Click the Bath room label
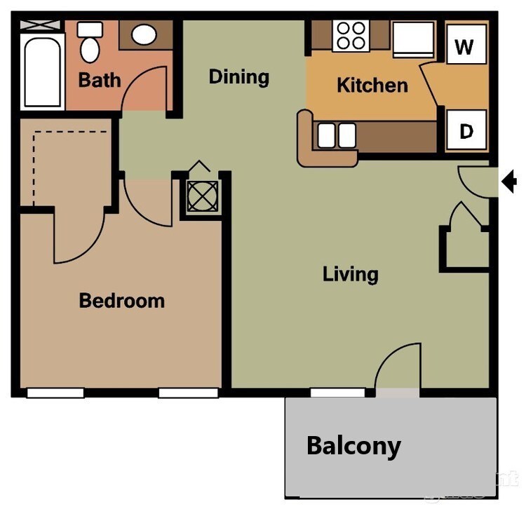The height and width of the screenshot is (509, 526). click(99, 79)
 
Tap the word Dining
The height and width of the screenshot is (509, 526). click(238, 76)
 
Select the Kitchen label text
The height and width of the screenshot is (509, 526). click(372, 86)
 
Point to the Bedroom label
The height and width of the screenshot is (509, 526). click(121, 301)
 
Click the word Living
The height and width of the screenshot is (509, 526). click(350, 273)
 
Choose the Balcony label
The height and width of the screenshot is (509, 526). click(353, 445)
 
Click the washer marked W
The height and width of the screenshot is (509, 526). click(464, 47)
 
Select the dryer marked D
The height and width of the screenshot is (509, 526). click(465, 130)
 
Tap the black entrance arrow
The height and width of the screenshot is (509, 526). click(509, 182)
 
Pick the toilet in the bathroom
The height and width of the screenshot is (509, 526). click(89, 43)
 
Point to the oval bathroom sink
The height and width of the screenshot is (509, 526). click(144, 34)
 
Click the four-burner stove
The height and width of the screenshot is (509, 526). click(350, 36)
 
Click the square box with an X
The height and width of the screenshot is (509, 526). click(202, 196)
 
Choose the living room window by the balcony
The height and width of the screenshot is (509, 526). click(328, 393)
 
